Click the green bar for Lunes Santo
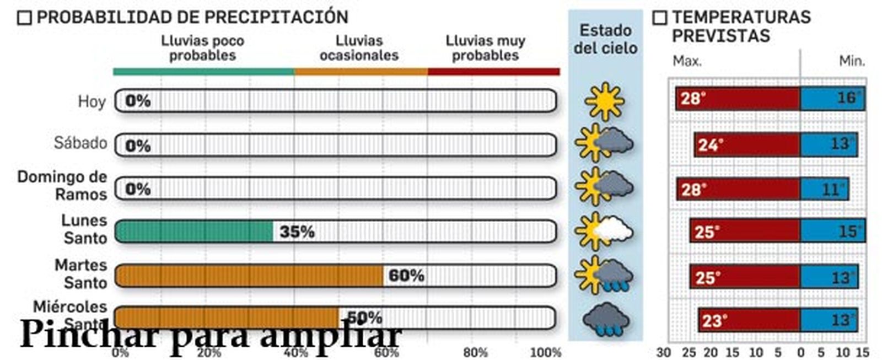tap(194, 232)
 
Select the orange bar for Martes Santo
tap(249, 276)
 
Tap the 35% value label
tap(297, 232)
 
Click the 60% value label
tap(406, 275)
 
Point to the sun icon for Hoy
tap(605, 101)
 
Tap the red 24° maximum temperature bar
tap(747, 145)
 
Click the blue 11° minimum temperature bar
tap(824, 190)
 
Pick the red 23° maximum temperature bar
tap(749, 320)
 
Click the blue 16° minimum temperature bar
tap(832, 99)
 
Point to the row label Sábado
tap(80, 143)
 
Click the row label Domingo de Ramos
tap(62, 185)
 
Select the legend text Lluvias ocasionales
tap(359, 48)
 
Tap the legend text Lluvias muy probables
tap(485, 48)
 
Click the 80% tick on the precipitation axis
tap(475, 352)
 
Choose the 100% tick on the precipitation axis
tap(545, 352)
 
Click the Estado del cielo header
tap(605, 39)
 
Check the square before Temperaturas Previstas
tap(659, 18)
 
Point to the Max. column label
tap(687, 61)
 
